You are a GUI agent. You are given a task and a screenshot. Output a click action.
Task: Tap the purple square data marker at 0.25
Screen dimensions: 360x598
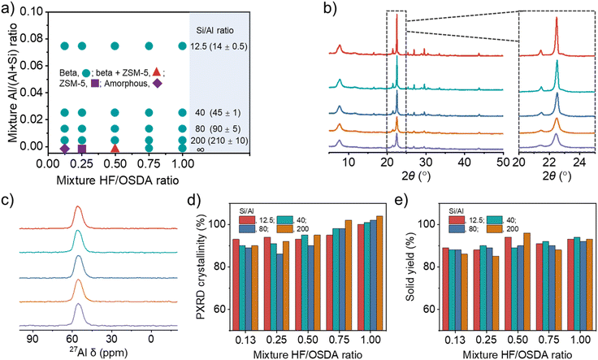point(81,148)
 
